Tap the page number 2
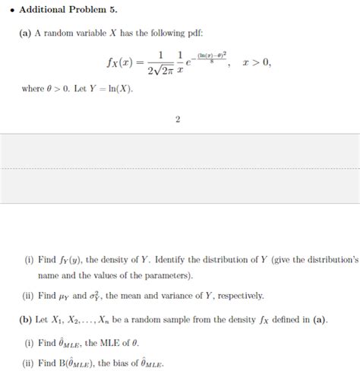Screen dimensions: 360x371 click(x=177, y=119)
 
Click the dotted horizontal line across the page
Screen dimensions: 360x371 click(x=180, y=168)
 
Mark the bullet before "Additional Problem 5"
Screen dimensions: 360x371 click(x=11, y=11)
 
